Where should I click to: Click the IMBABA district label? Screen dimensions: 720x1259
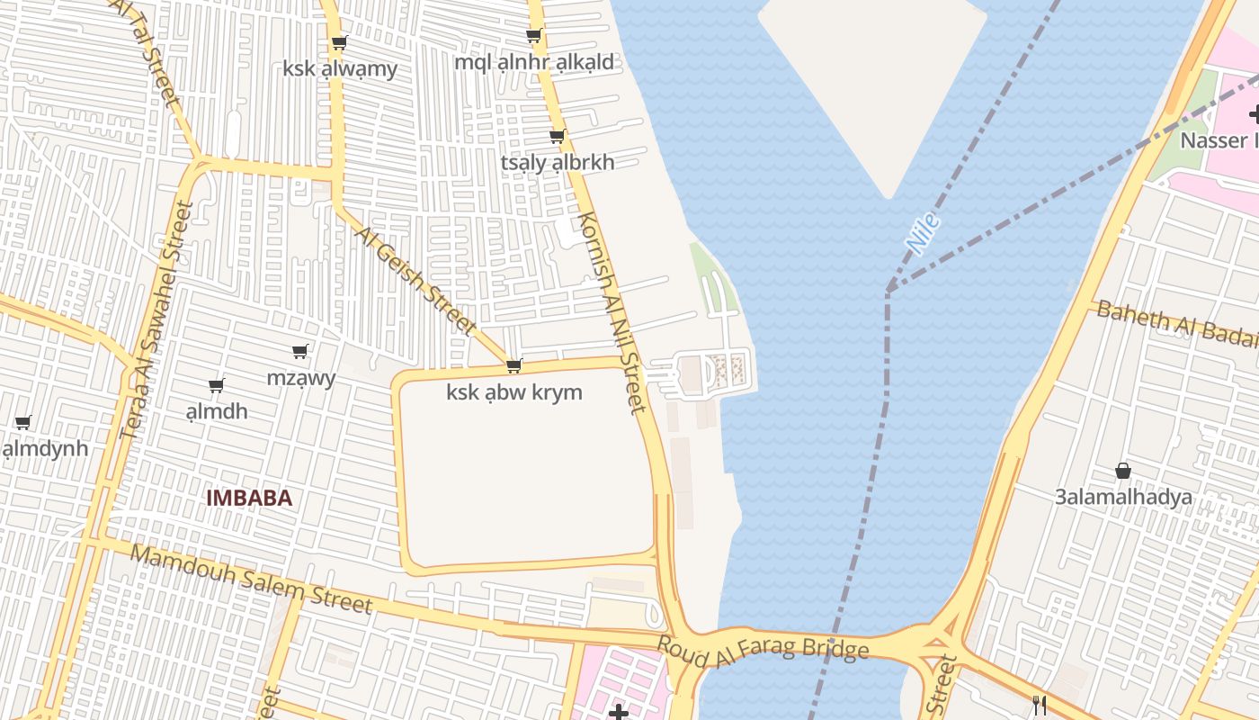point(249,498)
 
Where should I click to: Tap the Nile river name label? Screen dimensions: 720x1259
point(923,233)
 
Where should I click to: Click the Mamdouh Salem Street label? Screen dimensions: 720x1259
point(251,578)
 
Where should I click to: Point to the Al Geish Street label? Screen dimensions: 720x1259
point(415,280)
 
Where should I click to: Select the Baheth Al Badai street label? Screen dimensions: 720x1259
point(1176,323)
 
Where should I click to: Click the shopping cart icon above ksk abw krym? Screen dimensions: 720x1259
point(514,365)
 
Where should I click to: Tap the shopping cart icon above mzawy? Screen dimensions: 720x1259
point(299,351)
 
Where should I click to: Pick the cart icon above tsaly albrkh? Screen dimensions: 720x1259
point(558,137)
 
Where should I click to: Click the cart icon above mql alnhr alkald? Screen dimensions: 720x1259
point(533,36)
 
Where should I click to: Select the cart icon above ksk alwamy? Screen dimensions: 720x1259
point(339,42)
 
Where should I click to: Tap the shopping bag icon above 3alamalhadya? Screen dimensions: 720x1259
point(1123,471)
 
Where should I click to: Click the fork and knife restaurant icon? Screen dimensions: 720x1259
point(1040,705)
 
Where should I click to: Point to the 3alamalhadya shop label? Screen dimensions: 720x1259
point(1123,497)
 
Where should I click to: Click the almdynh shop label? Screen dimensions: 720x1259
point(45,448)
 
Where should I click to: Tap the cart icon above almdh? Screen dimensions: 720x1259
point(216,386)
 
